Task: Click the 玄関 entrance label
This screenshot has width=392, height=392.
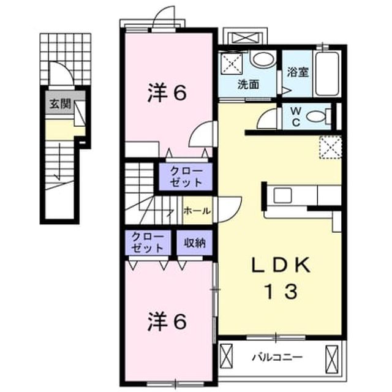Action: pyautogui.click(x=60, y=104)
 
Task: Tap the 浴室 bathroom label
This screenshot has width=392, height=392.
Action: pyautogui.click(x=298, y=72)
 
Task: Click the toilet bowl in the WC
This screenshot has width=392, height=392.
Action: pyautogui.click(x=316, y=116)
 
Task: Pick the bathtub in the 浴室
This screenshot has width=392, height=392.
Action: pyautogui.click(x=327, y=73)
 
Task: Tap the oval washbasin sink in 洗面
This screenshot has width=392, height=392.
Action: pyautogui.click(x=264, y=59)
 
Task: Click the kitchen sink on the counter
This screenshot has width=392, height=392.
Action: pyautogui.click(x=282, y=195)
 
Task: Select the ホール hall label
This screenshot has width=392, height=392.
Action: pyautogui.click(x=197, y=211)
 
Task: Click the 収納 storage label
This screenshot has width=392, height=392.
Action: pyautogui.click(x=195, y=243)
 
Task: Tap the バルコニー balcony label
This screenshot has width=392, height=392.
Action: pyautogui.click(x=277, y=357)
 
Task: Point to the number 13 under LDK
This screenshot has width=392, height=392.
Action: pyautogui.click(x=281, y=292)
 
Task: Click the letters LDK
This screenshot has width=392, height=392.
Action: pyautogui.click(x=281, y=265)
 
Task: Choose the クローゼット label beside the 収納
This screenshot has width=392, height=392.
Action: pyautogui.click(x=148, y=243)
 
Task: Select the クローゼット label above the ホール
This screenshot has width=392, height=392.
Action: pyautogui.click(x=186, y=177)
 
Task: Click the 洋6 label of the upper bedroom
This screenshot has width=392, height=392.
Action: pyautogui.click(x=167, y=94)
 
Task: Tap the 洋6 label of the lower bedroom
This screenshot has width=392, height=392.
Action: pyautogui.click(x=167, y=322)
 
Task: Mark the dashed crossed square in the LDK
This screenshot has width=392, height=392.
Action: pyautogui.click(x=331, y=148)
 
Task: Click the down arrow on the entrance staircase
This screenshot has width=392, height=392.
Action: pyautogui.click(x=59, y=162)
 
